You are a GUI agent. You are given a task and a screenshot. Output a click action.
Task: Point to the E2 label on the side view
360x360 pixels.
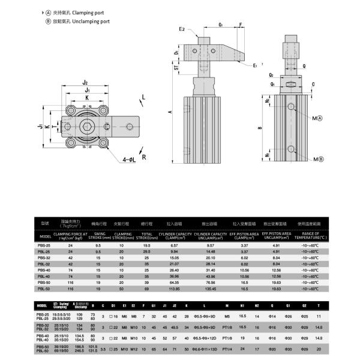182,28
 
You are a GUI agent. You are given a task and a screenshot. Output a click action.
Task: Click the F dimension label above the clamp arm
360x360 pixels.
241,25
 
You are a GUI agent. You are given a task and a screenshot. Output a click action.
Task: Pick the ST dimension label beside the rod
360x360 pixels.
177,68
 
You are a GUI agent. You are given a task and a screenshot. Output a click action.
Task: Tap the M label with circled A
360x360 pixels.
317,119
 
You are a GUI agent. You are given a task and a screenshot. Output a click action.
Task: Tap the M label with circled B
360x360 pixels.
317,158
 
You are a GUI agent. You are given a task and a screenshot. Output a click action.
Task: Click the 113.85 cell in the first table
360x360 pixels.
175,288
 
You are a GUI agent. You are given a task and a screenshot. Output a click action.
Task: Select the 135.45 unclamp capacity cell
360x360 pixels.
210,288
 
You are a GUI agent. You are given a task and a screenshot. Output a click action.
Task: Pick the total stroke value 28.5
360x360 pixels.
146,252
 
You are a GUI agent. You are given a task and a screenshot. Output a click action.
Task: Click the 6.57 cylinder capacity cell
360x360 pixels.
175,246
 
